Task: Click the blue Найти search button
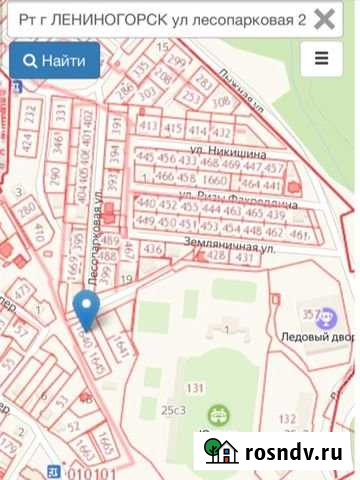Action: pos(54,61)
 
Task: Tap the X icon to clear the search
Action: pos(324,19)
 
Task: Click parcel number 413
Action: pos(149,127)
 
